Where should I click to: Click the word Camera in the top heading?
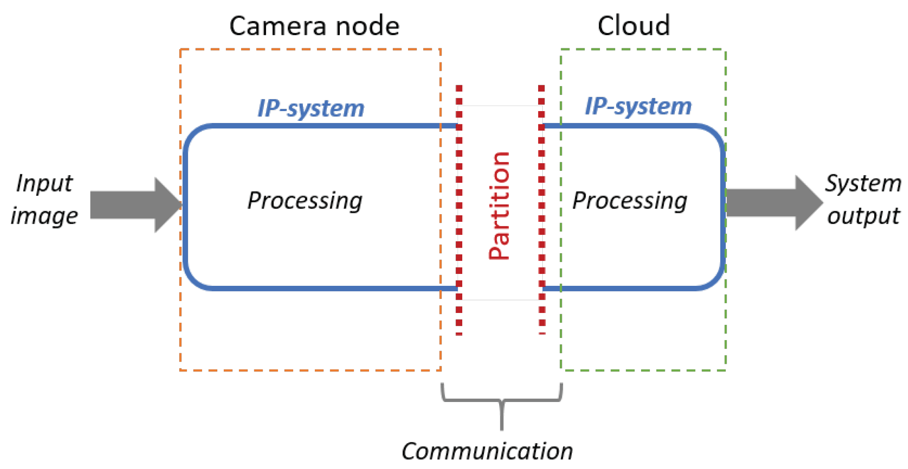tap(278, 26)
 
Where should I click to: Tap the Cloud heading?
tap(633, 26)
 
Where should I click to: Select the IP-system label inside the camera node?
tap(311, 109)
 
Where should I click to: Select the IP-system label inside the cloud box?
tap(638, 106)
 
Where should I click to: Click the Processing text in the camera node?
tap(305, 201)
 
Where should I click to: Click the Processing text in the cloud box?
tap(630, 201)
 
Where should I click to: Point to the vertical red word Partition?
tap(500, 206)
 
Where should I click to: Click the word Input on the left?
tap(44, 184)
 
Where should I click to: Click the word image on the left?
tap(44, 216)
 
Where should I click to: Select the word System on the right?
tap(863, 184)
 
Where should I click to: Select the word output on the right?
tap(863, 216)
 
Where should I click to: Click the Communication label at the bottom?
tap(487, 451)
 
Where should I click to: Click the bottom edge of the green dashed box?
tap(643, 370)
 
